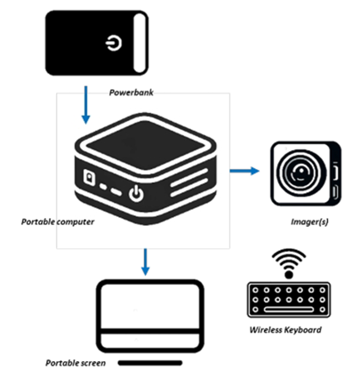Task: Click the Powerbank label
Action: point(132,93)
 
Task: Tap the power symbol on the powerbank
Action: point(114,44)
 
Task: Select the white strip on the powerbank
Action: point(139,43)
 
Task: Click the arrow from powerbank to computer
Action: point(86,105)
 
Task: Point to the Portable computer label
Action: point(58,222)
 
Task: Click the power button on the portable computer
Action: point(136,194)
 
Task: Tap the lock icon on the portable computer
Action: point(90,178)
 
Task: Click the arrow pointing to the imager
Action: point(244,171)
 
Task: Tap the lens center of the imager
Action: point(300,172)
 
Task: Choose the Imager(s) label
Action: point(309,222)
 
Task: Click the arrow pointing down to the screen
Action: point(145,262)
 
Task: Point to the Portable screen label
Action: point(76,363)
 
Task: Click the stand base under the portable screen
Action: point(150,363)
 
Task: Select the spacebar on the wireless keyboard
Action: point(289,310)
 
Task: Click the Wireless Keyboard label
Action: point(285,330)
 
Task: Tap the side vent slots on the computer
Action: point(189,182)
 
